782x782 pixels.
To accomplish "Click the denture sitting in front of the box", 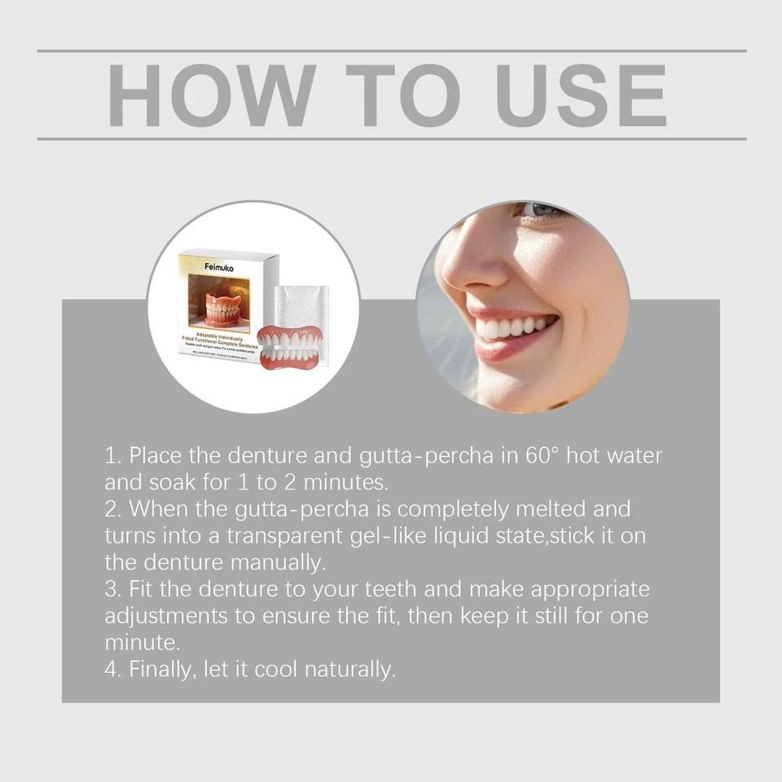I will coord(289,345).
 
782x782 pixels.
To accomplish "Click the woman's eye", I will coord(541,210).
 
